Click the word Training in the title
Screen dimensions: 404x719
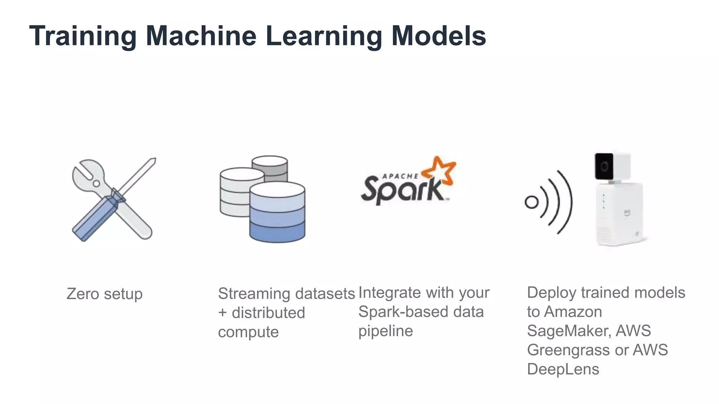[83, 36]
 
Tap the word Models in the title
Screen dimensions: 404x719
[438, 36]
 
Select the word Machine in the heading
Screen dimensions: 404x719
[201, 36]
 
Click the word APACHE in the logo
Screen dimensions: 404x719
[400, 176]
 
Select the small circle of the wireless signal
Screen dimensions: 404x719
[531, 202]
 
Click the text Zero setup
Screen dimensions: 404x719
[104, 294]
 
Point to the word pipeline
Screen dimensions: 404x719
[385, 331]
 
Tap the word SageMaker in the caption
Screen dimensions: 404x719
[568, 331]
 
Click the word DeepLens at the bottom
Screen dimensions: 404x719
[563, 369]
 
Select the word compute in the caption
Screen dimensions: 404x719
[248, 332]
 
